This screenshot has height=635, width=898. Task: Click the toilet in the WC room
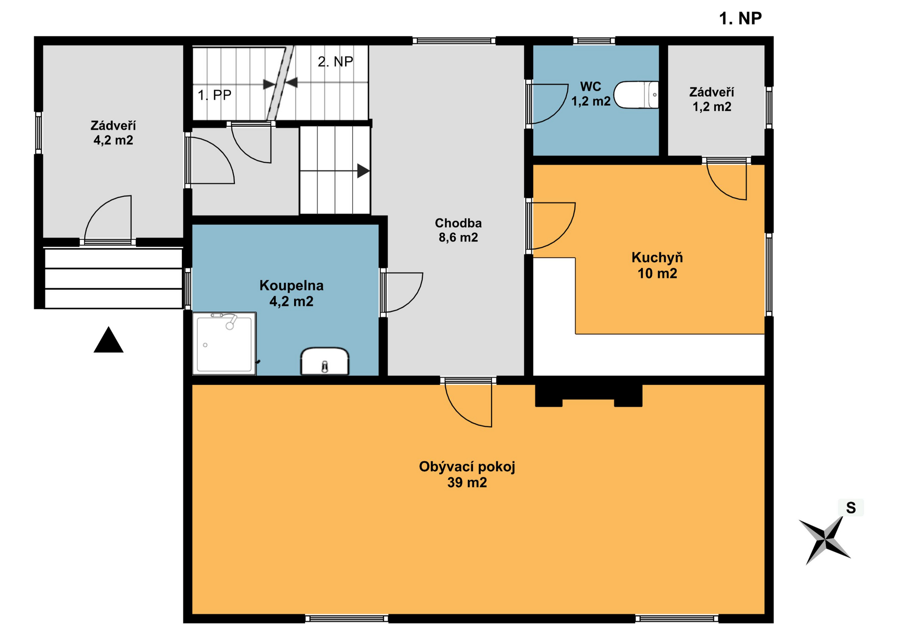tap(636, 95)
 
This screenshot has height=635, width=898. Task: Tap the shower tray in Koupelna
tap(224, 344)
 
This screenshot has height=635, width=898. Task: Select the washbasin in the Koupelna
tap(325, 361)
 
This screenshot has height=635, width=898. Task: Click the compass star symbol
tap(825, 540)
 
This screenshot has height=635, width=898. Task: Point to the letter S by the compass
tap(851, 508)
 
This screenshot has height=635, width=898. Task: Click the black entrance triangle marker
tap(109, 339)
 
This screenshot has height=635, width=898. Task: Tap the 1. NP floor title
tap(740, 19)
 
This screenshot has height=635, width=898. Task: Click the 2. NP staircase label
tap(335, 62)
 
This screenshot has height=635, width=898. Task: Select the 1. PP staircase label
tap(214, 95)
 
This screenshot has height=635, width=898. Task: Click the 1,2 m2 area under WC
tap(591, 101)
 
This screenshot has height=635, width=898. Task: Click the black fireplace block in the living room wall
tap(588, 394)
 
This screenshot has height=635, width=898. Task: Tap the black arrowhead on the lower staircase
tap(363, 171)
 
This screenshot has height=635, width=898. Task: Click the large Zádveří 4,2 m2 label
tap(113, 133)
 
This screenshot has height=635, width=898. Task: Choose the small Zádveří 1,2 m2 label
tap(712, 100)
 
